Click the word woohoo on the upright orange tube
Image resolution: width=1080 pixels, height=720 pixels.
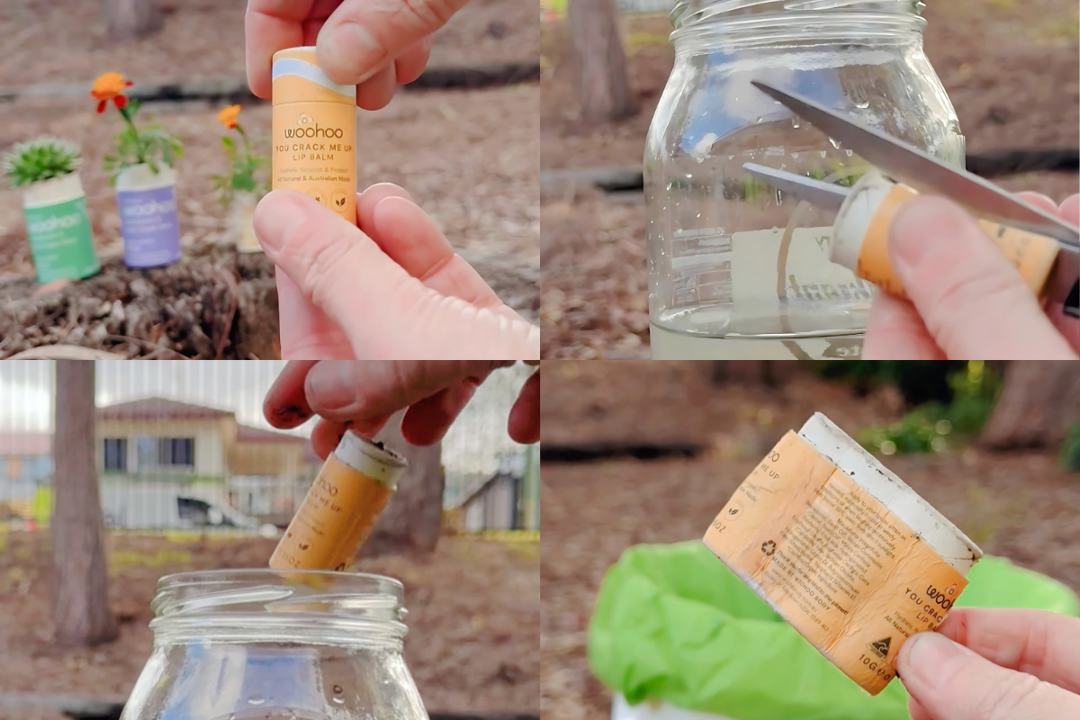point(313,131)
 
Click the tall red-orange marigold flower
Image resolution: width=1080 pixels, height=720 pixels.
point(111,87)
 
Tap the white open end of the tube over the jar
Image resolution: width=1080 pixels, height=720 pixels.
point(371,451)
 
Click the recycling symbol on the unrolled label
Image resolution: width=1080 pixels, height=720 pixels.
point(769,546)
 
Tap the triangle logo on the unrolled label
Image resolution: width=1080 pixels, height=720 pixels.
point(879,647)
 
